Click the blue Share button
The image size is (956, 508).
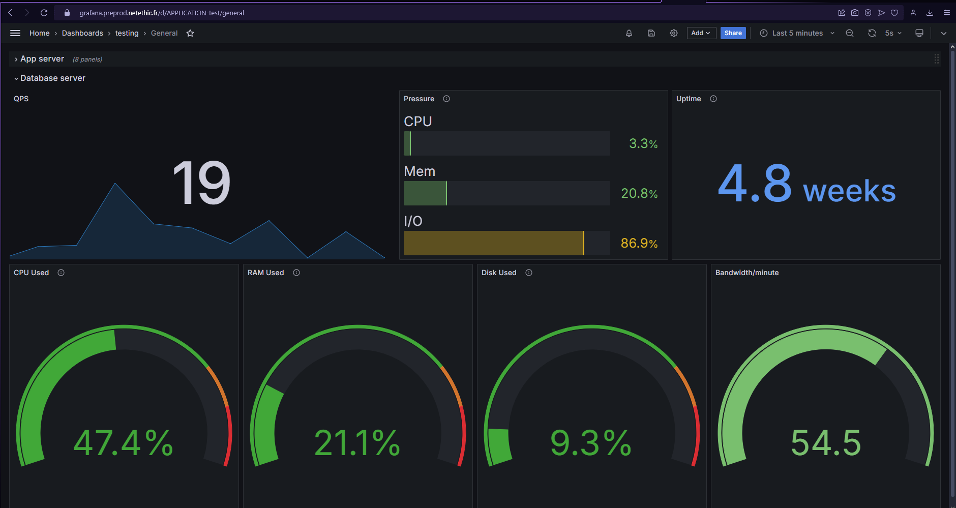pyautogui.click(x=733, y=33)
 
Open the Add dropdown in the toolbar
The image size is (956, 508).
pyautogui.click(x=701, y=33)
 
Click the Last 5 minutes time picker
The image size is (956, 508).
pyautogui.click(x=797, y=33)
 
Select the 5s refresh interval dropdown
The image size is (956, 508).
pyautogui.click(x=893, y=33)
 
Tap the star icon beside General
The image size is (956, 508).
pyautogui.click(x=190, y=33)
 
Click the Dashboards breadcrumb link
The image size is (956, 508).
pyautogui.click(x=82, y=33)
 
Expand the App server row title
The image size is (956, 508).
pyautogui.click(x=42, y=59)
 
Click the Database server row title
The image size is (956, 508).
pyautogui.click(x=53, y=78)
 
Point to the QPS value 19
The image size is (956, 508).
pyautogui.click(x=201, y=183)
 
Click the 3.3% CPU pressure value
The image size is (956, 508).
pyautogui.click(x=643, y=144)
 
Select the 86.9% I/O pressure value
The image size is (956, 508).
pyautogui.click(x=639, y=244)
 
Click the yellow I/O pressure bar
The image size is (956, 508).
pyautogui.click(x=493, y=243)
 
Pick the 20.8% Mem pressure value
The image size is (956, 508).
pyautogui.click(x=639, y=194)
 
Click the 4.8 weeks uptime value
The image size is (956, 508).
pyautogui.click(x=806, y=185)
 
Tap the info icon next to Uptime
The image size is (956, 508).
pyautogui.click(x=713, y=99)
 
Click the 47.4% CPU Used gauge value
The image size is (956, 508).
pyautogui.click(x=124, y=443)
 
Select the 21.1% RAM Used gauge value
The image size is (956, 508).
pyautogui.click(x=357, y=443)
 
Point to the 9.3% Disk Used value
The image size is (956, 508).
pyautogui.click(x=591, y=443)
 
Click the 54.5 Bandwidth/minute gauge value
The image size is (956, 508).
pyautogui.click(x=825, y=443)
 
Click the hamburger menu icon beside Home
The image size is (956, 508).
pyautogui.click(x=15, y=33)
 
